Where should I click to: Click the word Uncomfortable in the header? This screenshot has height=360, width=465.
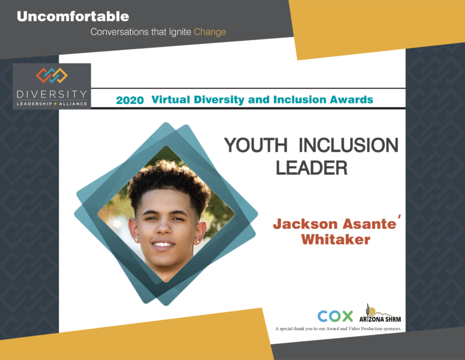(x=73, y=17)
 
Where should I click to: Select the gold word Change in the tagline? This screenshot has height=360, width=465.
(x=210, y=32)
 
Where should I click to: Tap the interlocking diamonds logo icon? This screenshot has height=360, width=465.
(x=52, y=75)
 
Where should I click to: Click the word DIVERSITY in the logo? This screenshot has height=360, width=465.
(x=52, y=94)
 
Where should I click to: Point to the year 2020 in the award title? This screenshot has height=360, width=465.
(x=130, y=100)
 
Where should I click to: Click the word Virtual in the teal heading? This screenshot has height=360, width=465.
(x=171, y=99)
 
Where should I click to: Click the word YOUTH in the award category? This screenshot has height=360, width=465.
(x=256, y=145)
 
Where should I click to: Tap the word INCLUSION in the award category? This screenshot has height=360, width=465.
(x=348, y=145)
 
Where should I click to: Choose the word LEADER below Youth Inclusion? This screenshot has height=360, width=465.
(x=312, y=168)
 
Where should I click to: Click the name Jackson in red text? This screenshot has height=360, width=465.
(x=306, y=224)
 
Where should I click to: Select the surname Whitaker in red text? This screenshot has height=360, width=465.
(x=336, y=239)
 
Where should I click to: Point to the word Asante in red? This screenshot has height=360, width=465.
(x=370, y=224)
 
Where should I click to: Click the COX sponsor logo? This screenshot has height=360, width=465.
(x=335, y=316)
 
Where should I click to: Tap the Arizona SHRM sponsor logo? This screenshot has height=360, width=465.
(x=380, y=314)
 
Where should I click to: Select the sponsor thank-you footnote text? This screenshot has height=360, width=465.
(x=338, y=329)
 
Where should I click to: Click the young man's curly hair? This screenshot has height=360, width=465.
(x=169, y=181)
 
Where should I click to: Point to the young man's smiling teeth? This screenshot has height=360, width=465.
(x=163, y=244)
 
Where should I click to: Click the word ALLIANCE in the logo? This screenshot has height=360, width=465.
(x=73, y=104)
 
